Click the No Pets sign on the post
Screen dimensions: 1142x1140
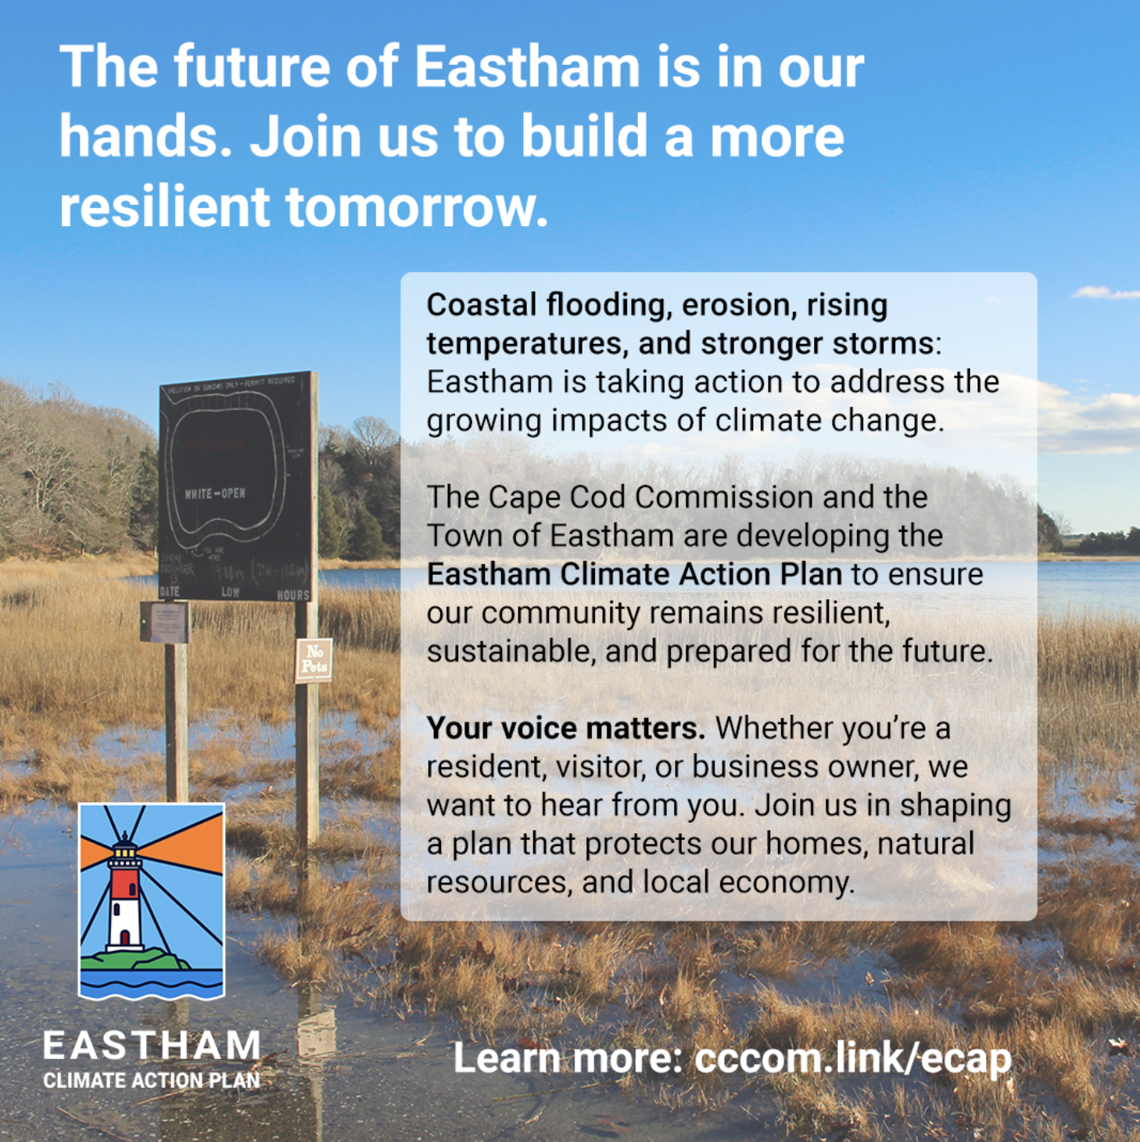(314, 659)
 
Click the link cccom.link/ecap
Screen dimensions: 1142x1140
(852, 1058)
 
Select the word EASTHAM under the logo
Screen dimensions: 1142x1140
(152, 1046)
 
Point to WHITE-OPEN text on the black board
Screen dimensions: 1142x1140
(215, 494)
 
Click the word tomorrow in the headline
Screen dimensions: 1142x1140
(411, 207)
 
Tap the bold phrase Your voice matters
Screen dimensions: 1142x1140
(565, 728)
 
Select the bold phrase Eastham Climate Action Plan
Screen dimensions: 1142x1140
(634, 574)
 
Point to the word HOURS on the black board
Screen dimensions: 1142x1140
(293, 595)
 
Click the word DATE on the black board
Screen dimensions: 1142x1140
(169, 592)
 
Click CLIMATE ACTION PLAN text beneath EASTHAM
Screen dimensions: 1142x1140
(152, 1081)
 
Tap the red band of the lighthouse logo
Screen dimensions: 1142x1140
(125, 883)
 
